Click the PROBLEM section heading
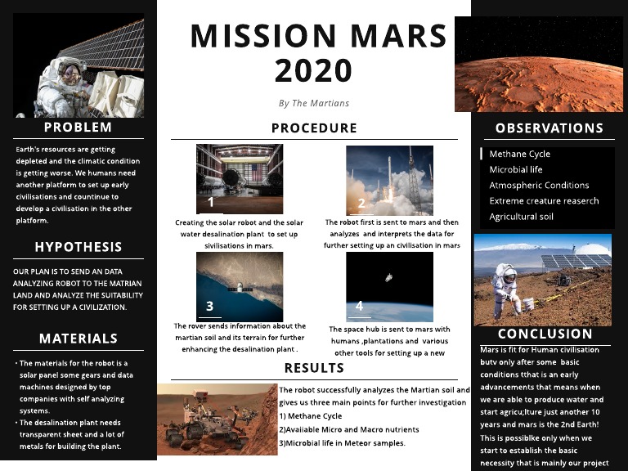[78, 128]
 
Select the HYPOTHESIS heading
[78, 247]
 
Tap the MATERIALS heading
[78, 339]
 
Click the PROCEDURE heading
[314, 128]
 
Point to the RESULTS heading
[314, 368]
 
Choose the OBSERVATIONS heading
[549, 128]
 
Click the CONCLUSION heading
[545, 334]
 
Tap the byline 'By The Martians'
[314, 103]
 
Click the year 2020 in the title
[314, 72]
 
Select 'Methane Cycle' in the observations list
[520, 154]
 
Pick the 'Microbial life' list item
[516, 169]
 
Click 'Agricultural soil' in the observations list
[522, 217]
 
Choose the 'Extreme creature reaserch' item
[544, 201]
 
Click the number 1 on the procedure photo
[211, 202]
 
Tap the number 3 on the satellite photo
[210, 307]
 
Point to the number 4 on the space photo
[359, 307]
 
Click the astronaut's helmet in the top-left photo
[71, 74]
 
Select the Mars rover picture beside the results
[218, 419]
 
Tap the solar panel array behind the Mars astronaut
[576, 262]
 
